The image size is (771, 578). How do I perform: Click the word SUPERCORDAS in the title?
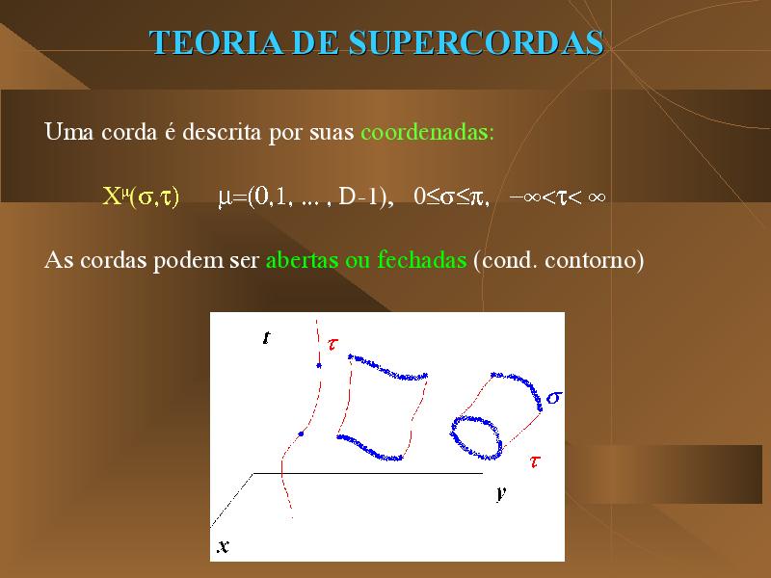[x=476, y=42]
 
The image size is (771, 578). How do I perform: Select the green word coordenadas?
[x=427, y=132]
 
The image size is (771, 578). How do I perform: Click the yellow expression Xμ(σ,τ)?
[x=141, y=197]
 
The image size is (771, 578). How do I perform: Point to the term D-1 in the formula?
[x=360, y=197]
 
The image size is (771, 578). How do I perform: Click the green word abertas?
[x=302, y=259]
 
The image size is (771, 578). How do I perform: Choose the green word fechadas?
[x=422, y=259]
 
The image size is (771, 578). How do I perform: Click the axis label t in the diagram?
[x=267, y=338]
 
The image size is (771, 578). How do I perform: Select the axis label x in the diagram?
[x=224, y=546]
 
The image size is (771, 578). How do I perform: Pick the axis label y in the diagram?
[x=501, y=492]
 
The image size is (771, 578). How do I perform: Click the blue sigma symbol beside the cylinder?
[x=555, y=397]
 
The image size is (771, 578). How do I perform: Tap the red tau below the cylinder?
[x=535, y=461]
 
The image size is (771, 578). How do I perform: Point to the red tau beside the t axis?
[x=332, y=344]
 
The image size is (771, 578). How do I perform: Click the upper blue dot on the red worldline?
[x=319, y=365]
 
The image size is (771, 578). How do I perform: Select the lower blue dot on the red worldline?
[x=301, y=434]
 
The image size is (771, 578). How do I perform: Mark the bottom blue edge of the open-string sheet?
[x=369, y=448]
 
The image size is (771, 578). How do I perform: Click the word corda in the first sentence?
[x=129, y=132]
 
